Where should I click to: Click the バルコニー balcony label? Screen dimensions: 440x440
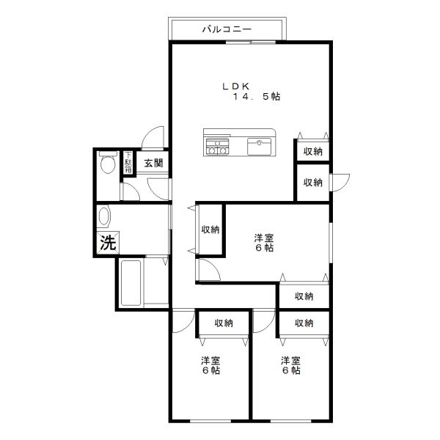[227, 29]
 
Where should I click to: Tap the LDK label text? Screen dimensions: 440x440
[235, 86]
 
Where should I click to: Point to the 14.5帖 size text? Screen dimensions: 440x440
[257, 97]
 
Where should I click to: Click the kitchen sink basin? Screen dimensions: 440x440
[259, 146]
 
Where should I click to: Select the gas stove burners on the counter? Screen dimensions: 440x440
[217, 147]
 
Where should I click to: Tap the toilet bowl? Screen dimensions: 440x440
[108, 164]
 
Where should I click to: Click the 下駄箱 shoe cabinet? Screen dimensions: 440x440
[128, 162]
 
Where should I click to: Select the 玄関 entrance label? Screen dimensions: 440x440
[153, 163]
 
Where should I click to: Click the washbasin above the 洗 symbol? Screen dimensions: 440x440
[103, 216]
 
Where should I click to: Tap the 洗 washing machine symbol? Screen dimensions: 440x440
[108, 243]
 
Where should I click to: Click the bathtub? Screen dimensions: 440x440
[131, 282]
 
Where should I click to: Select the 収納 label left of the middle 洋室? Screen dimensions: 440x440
[210, 230]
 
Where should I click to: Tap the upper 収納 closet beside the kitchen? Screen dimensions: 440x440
[313, 152]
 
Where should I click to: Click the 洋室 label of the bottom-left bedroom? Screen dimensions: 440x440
[210, 361]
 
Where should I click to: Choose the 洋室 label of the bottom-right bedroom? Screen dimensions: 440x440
[290, 361]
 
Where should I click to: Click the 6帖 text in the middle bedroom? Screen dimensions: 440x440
[264, 248]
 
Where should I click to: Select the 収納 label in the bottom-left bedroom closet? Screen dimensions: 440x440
[224, 323]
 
